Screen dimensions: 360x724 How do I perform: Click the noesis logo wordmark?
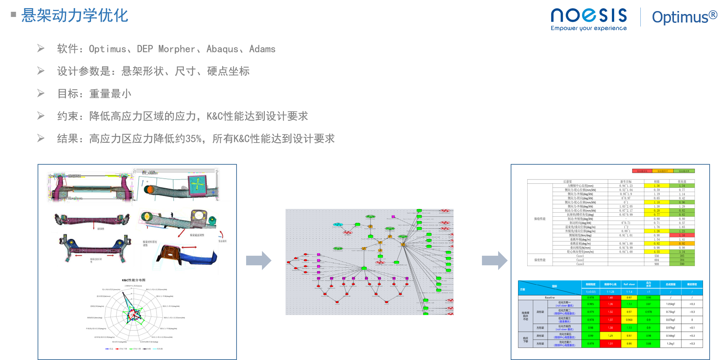pos(588,16)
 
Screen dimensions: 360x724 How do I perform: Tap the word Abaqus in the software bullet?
pos(222,49)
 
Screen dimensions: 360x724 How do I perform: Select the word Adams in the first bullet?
pos(262,49)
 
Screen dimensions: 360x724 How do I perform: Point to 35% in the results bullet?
pos(193,139)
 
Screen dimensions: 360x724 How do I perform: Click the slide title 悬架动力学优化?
pos(74,15)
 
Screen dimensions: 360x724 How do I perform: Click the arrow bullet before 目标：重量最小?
pos(41,93)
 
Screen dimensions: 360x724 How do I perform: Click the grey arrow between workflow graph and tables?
pos(494,261)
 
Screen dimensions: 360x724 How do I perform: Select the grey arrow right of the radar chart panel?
pos(259,261)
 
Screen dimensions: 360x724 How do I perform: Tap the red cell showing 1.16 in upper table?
pos(682,235)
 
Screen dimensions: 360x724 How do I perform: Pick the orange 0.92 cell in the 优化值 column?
pos(682,244)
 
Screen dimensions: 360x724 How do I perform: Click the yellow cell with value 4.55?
pos(657,252)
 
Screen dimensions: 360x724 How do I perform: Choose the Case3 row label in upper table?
pos(580,264)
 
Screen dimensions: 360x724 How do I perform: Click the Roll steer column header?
pos(629,284)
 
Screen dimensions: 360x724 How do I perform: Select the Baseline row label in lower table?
pos(549,297)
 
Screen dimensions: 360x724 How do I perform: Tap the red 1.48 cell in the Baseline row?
pos(610,297)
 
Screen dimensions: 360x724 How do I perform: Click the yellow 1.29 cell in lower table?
pos(610,336)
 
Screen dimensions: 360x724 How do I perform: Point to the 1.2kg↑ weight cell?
pos(671,343)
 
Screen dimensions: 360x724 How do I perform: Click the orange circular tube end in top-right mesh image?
pos(149,190)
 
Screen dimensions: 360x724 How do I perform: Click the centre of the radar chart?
pos(133,314)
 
